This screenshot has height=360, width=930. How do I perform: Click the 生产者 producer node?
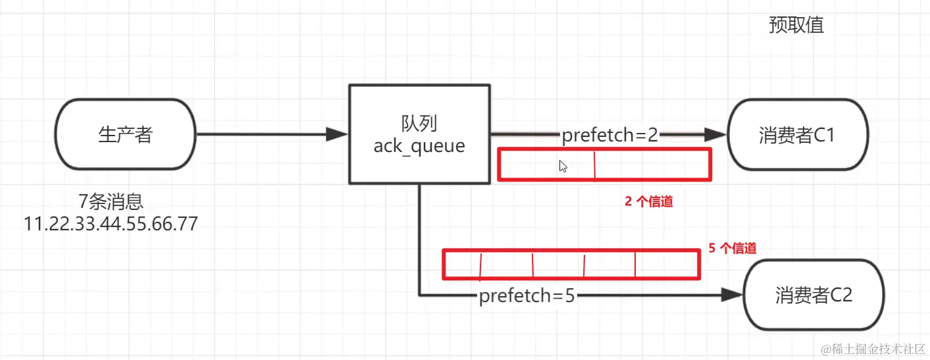(x=125, y=135)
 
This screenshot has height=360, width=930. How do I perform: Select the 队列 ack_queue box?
(x=419, y=134)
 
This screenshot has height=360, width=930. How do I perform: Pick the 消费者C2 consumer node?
(x=814, y=294)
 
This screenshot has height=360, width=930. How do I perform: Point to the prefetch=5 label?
(x=527, y=296)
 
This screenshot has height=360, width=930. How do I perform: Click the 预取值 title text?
(x=796, y=25)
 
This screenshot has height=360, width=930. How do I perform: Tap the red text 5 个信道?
(x=733, y=248)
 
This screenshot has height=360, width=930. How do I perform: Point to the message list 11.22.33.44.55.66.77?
(x=111, y=224)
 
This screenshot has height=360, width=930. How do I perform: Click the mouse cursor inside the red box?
(x=563, y=166)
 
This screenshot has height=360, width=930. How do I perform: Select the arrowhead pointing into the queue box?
(x=338, y=135)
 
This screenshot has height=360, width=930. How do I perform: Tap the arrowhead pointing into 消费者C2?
(x=731, y=295)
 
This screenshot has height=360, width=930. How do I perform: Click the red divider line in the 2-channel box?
(x=594, y=165)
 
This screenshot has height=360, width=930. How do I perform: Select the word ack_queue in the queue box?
(x=419, y=145)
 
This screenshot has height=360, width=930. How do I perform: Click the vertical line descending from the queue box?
(x=419, y=237)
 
